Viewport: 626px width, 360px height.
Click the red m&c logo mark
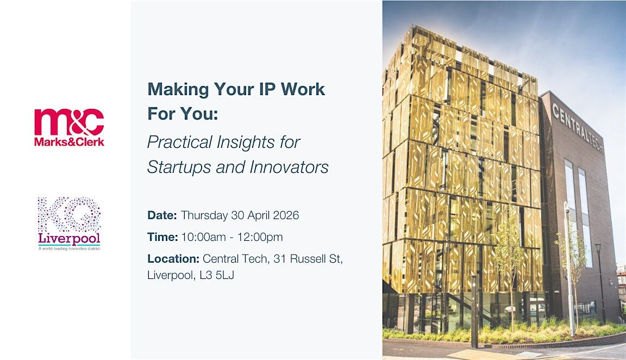69,122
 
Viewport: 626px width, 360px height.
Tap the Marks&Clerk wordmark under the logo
69,141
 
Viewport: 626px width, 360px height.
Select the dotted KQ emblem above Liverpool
69,214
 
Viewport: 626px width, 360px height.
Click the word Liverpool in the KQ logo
69,239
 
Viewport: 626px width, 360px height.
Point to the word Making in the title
178,90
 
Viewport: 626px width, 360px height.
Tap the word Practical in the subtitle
180,142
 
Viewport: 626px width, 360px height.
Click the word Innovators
289,166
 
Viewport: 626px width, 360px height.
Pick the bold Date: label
162,215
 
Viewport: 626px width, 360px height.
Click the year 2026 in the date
286,215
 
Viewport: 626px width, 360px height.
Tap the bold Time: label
162,237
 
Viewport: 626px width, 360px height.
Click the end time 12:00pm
260,237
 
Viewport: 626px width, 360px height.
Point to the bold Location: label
173,259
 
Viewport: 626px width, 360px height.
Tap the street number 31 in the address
280,259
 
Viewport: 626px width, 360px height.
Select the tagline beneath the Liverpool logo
69,249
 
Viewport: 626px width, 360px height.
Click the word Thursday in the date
204,215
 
